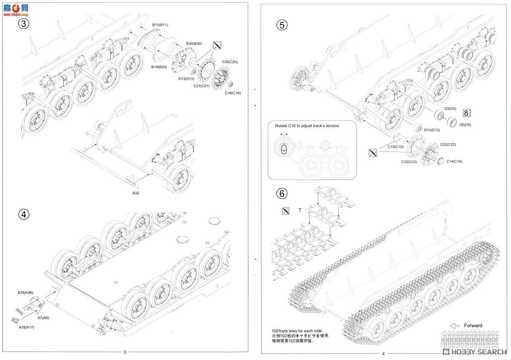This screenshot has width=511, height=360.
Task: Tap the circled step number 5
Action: tap(282, 25)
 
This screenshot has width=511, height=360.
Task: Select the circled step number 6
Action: tap(282, 194)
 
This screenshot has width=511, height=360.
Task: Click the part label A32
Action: tap(136, 193)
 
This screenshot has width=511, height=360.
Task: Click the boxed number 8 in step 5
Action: tap(468, 113)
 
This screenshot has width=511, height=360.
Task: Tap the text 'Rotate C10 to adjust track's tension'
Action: tap(311, 126)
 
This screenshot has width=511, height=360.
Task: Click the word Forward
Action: tap(473, 326)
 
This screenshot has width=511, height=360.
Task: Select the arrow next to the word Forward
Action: tap(455, 326)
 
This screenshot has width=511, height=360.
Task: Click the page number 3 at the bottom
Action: tap(125, 352)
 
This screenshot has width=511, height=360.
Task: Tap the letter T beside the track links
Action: tap(300, 210)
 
